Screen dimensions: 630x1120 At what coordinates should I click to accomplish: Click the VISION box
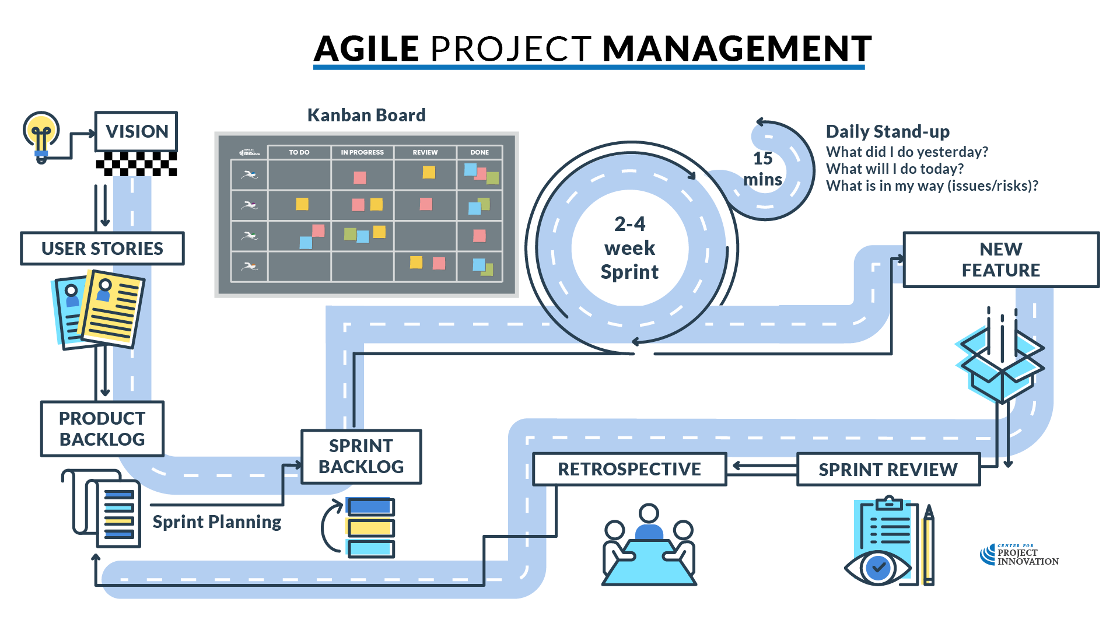(136, 131)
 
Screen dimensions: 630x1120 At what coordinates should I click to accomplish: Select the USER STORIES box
(102, 249)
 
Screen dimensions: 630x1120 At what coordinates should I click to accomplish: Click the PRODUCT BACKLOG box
(102, 429)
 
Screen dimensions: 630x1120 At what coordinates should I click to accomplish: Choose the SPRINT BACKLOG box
(361, 457)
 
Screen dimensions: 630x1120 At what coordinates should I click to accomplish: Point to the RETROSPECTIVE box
(629, 469)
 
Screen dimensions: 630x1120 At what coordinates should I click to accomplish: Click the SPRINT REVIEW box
(888, 470)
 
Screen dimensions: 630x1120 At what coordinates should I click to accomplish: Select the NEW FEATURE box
(1000, 260)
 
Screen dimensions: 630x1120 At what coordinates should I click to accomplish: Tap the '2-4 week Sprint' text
(629, 248)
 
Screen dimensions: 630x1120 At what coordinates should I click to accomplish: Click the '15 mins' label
(762, 169)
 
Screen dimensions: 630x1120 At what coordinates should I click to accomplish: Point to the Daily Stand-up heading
(887, 131)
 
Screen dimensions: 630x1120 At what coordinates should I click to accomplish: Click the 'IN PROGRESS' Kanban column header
(362, 152)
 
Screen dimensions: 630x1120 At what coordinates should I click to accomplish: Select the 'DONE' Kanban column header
(480, 152)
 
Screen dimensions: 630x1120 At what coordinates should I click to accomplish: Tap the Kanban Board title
(366, 115)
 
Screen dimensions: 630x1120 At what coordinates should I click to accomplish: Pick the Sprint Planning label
(216, 521)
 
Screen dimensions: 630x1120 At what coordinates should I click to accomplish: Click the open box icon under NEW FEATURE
(1000, 365)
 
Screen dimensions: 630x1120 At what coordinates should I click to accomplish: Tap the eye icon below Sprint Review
(877, 566)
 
